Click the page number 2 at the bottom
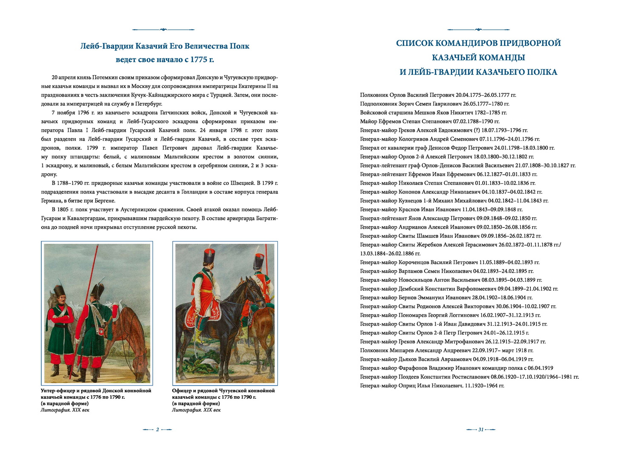[x=157, y=429]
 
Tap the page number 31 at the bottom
[x=481, y=429]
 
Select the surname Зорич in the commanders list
[x=407, y=104]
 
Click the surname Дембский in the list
[x=411, y=289]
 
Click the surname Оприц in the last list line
[x=407, y=386]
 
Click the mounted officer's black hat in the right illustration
[x=208, y=256]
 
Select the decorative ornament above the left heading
[x=163, y=30]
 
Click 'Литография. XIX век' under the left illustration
[x=65, y=410]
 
